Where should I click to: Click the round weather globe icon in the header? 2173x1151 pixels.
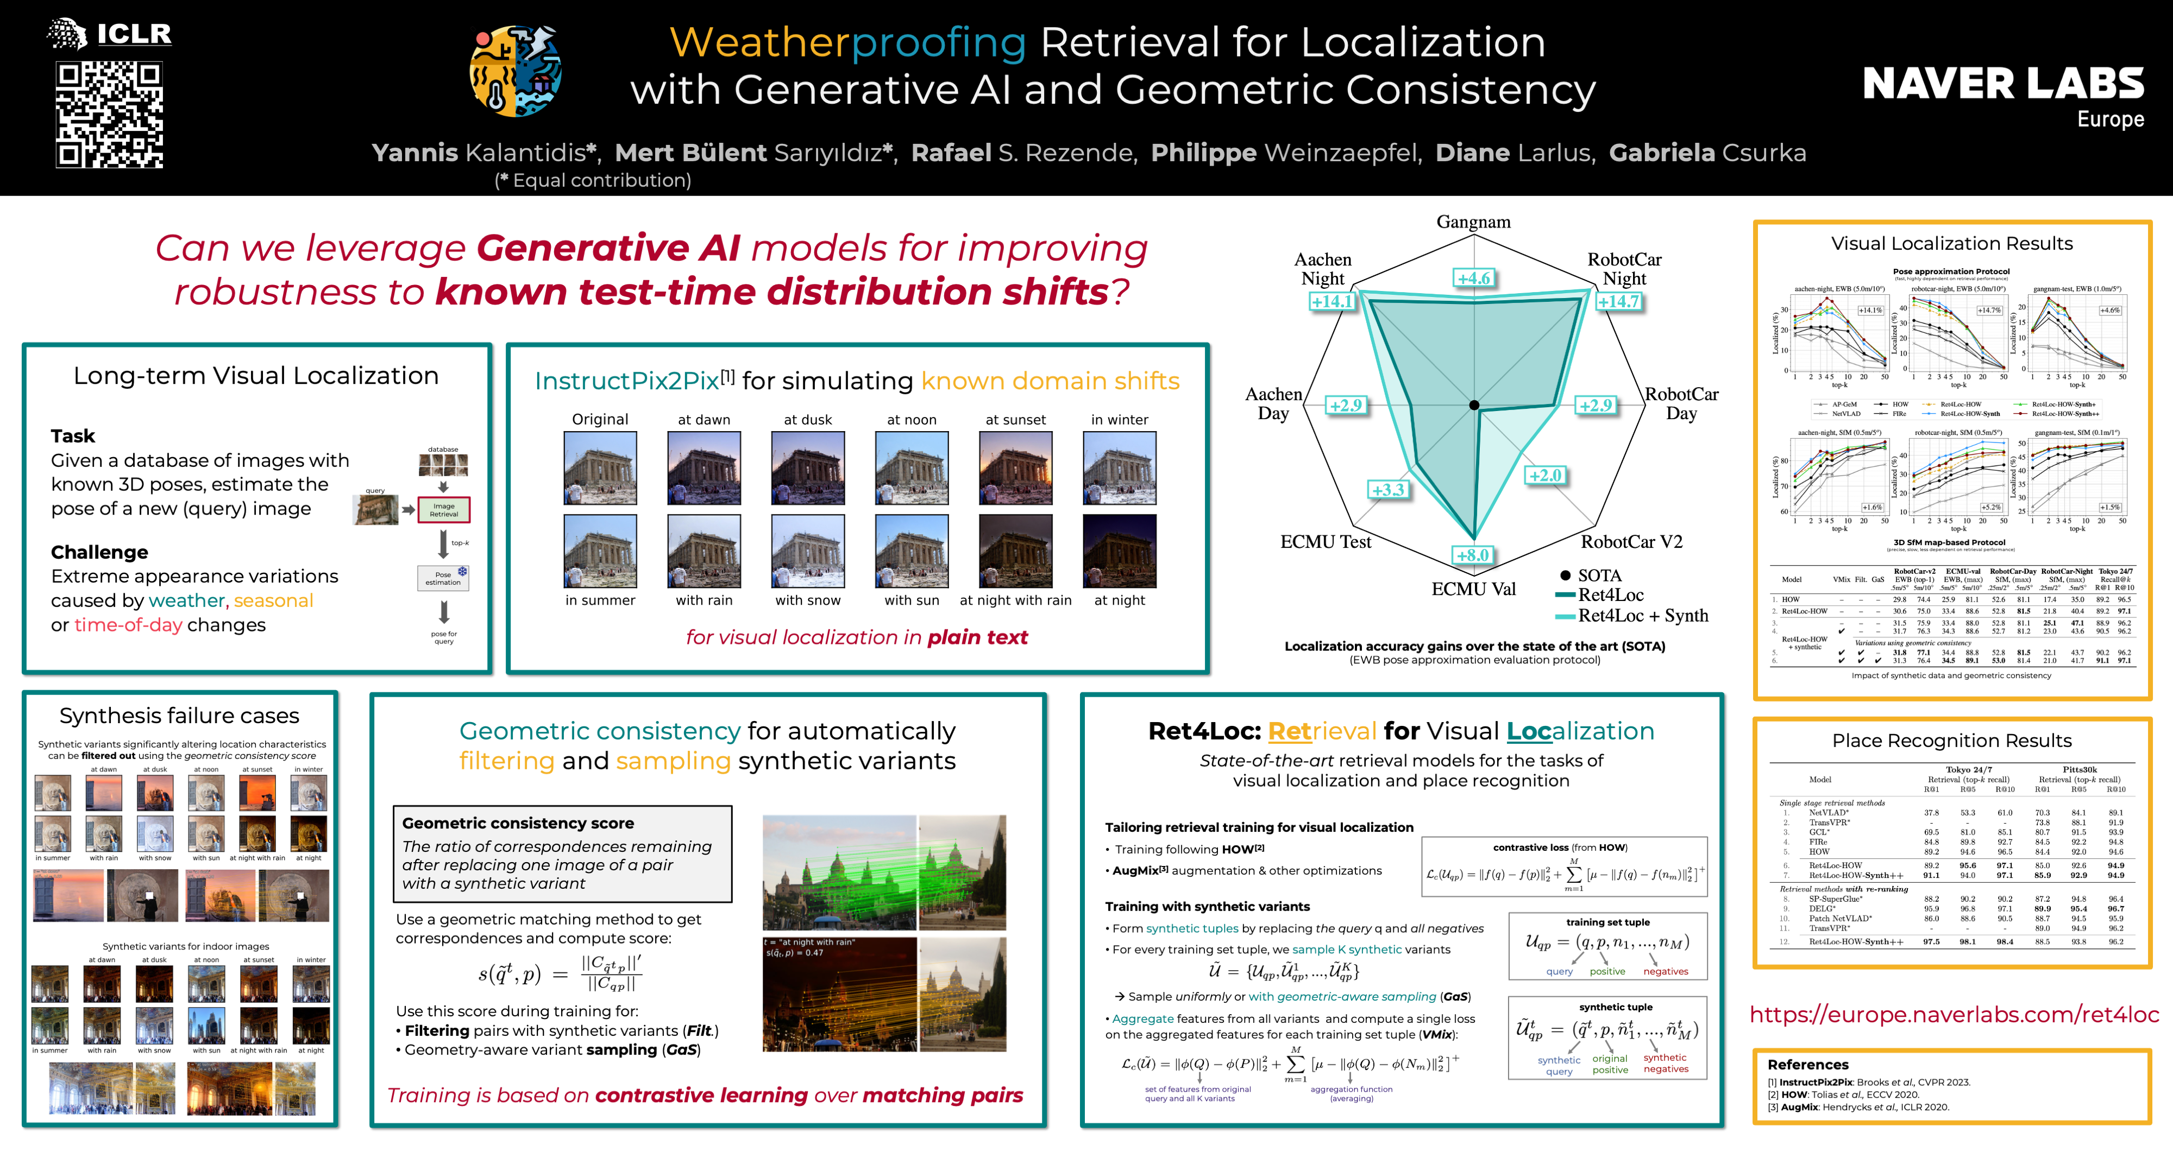(x=516, y=71)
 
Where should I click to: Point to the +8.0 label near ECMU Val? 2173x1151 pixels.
(x=1473, y=555)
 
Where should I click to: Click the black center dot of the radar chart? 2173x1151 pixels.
(x=1474, y=406)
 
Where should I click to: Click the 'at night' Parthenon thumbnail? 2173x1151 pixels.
(x=1120, y=551)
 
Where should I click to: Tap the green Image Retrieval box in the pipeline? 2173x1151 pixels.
(x=444, y=509)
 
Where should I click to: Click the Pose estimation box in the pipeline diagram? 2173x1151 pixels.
(x=443, y=578)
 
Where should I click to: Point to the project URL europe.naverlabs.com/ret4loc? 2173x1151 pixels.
(x=1954, y=1014)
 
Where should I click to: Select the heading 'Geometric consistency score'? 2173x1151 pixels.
(x=518, y=823)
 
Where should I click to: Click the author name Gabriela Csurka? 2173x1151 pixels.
(x=1707, y=153)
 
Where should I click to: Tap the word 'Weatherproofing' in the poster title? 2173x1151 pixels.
(x=847, y=42)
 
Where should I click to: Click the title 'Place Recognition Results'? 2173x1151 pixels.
(x=1951, y=741)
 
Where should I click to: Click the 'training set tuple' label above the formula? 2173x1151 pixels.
(x=1608, y=922)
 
